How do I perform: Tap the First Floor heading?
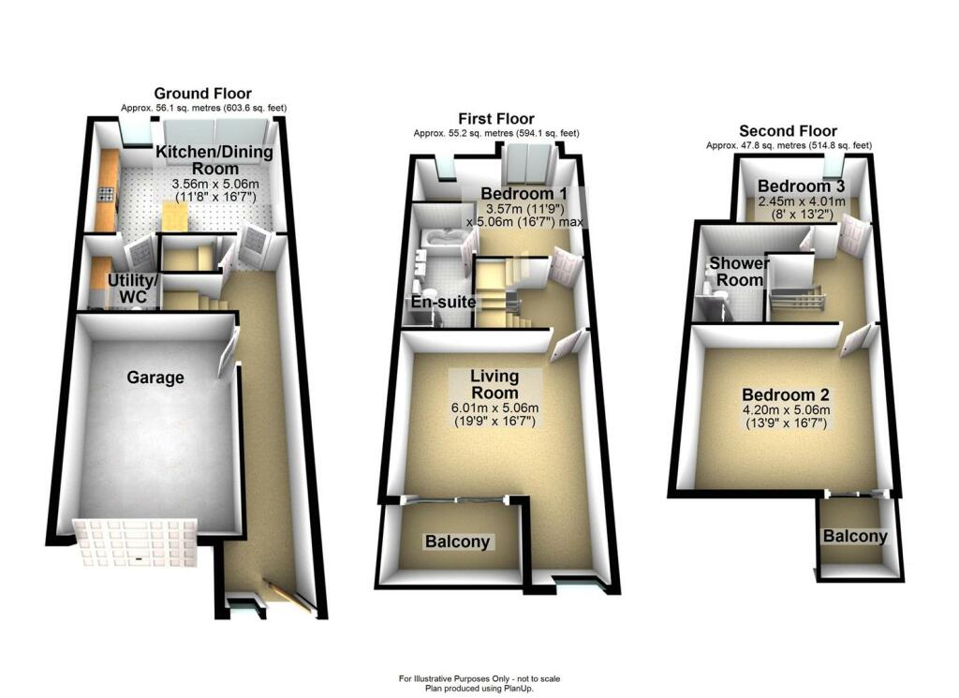click(x=495, y=118)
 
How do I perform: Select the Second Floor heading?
click(x=788, y=130)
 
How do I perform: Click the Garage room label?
click(x=155, y=378)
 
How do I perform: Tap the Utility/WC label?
click(x=132, y=288)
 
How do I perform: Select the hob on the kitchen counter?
click(x=105, y=198)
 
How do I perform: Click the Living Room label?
click(x=494, y=383)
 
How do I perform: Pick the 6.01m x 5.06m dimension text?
click(x=494, y=408)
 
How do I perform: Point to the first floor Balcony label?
click(x=458, y=542)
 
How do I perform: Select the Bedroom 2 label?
click(x=785, y=394)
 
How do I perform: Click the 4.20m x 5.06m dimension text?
click(x=785, y=410)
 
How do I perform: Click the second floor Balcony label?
click(x=855, y=536)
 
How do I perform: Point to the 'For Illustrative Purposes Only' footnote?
click(x=479, y=678)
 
